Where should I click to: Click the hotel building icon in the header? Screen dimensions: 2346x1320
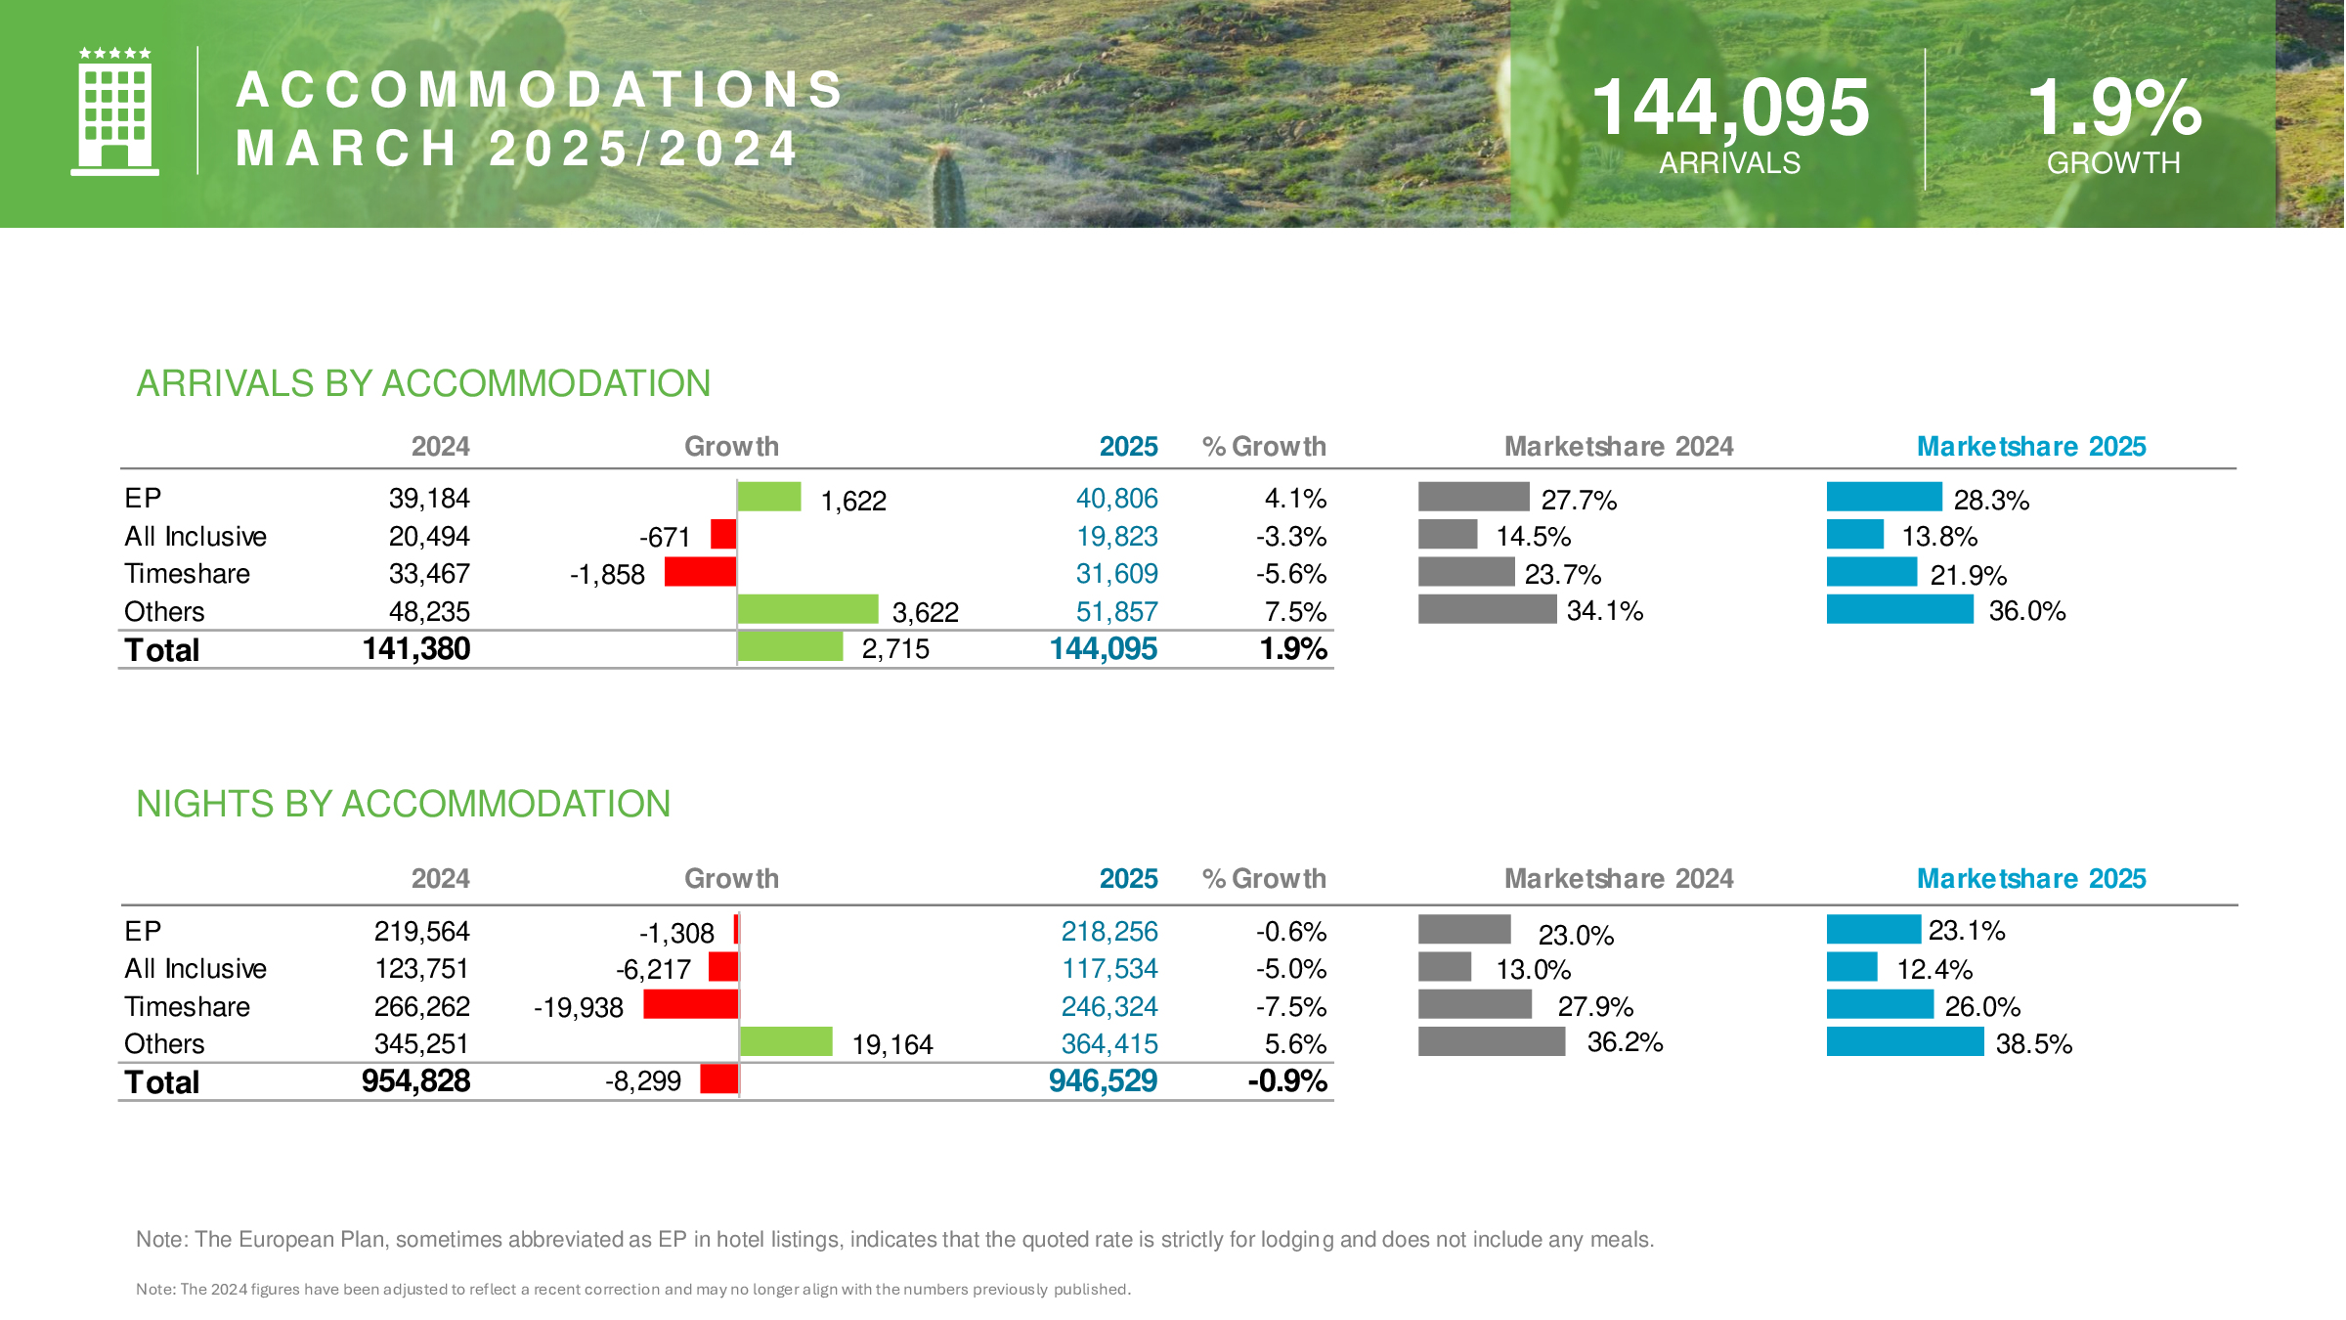[x=114, y=111]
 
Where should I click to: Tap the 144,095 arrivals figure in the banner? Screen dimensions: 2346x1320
[x=1730, y=107]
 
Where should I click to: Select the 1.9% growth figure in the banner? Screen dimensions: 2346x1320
[x=2114, y=107]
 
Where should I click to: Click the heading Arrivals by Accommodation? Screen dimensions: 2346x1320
[x=423, y=383]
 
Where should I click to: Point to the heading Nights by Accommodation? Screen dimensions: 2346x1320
[x=403, y=804]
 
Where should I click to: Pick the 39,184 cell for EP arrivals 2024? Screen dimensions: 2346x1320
[x=429, y=499]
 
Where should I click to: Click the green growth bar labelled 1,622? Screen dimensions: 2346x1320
[x=769, y=497]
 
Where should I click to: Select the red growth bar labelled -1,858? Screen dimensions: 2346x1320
[x=700, y=572]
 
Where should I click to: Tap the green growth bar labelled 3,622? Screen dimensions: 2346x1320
[x=808, y=609]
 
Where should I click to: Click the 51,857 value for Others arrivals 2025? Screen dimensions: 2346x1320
[x=1116, y=612]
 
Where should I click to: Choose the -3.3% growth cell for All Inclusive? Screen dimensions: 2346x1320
[x=1291, y=537]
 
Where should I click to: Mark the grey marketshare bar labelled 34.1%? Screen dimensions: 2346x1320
[x=1488, y=609]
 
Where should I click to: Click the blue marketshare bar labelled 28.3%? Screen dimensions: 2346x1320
[x=1885, y=497]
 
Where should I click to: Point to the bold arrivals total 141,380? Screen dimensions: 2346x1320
[x=416, y=649]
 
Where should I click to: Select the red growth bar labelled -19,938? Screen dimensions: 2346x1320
[x=691, y=1004]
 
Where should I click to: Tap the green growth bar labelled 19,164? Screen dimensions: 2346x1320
[x=787, y=1041]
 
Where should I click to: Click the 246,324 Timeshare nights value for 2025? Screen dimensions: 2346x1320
[x=1109, y=1007]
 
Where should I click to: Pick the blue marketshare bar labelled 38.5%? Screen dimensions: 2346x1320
[x=1905, y=1041]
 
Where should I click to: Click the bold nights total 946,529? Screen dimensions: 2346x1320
[x=1103, y=1081]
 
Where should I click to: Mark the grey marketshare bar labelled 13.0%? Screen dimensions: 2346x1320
[x=1445, y=967]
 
